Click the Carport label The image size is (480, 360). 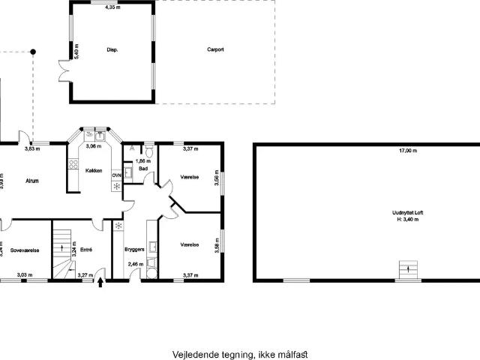[216, 49]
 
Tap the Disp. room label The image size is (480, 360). [112, 49]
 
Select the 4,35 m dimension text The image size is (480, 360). [112, 7]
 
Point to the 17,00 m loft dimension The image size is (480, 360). [408, 151]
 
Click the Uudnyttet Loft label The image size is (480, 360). [407, 212]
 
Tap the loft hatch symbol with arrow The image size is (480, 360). [407, 267]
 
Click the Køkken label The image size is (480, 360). [94, 171]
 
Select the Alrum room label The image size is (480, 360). [32, 181]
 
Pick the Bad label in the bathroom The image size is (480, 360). [142, 169]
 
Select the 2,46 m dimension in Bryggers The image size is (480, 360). [136, 264]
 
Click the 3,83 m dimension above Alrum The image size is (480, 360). [32, 148]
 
